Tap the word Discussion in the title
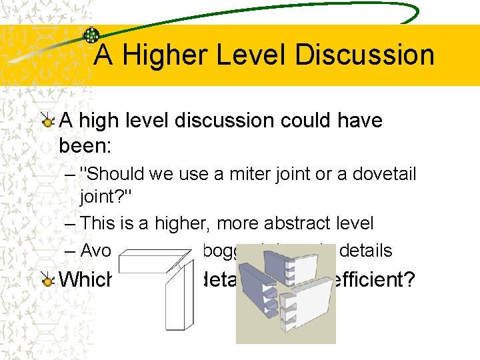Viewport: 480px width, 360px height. pos(364,55)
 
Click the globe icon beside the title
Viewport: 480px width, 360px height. pos(91,35)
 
